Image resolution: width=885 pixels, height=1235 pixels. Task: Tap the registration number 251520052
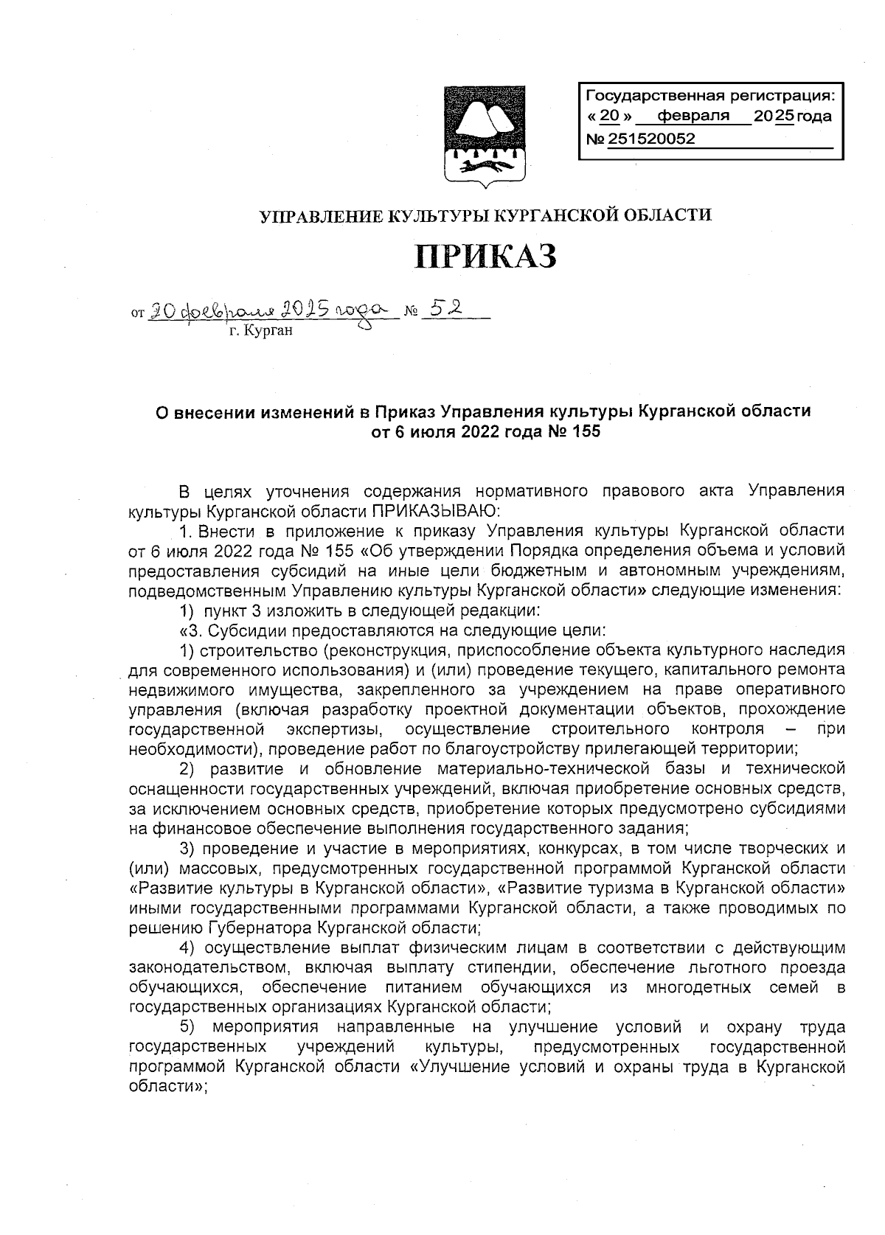[x=651, y=139]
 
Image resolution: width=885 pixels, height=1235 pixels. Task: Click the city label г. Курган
[x=260, y=331]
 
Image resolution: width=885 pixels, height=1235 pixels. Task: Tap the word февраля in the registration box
[x=693, y=116]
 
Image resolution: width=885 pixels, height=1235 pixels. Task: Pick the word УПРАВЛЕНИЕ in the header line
[x=316, y=216]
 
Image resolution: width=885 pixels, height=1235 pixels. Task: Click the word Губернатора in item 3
[x=263, y=927]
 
